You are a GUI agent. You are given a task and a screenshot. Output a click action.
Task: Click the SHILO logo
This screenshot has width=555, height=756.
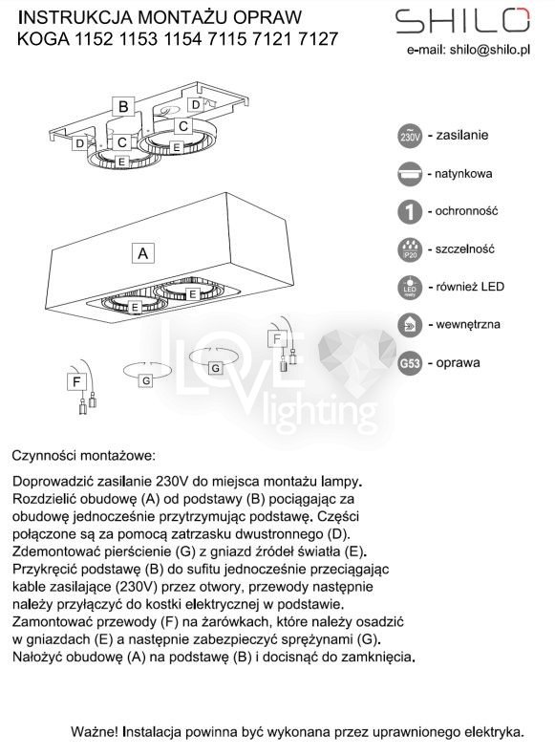(462, 21)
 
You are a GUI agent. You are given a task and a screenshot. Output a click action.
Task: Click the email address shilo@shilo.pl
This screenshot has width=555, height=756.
(490, 50)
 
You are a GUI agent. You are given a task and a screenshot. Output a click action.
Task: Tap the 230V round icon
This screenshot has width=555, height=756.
(410, 136)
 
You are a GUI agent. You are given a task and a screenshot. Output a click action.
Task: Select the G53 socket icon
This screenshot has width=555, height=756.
(410, 362)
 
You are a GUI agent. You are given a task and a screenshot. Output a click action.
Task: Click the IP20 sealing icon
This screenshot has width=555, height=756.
(410, 249)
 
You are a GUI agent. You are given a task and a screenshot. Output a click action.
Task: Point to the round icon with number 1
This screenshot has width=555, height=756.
(410, 211)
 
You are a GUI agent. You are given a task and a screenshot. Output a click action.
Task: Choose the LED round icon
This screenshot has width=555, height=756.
(410, 288)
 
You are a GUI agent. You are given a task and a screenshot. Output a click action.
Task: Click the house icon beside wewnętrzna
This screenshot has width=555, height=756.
(410, 325)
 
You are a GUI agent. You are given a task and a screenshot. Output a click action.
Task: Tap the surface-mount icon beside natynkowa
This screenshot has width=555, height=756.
(410, 174)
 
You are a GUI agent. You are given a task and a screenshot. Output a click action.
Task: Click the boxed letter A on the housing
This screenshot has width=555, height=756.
(143, 253)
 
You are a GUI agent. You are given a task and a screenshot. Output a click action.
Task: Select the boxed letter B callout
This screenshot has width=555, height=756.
(123, 106)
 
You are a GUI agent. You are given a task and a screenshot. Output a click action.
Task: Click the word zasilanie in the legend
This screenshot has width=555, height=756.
(462, 135)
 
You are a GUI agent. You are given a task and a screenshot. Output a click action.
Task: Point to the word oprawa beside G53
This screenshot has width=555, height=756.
(458, 362)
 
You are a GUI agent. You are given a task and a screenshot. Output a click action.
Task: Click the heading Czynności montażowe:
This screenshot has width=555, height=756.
(84, 456)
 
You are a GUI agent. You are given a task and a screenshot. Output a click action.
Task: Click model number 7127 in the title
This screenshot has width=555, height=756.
(318, 38)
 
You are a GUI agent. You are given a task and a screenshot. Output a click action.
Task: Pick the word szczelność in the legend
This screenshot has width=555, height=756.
(465, 249)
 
